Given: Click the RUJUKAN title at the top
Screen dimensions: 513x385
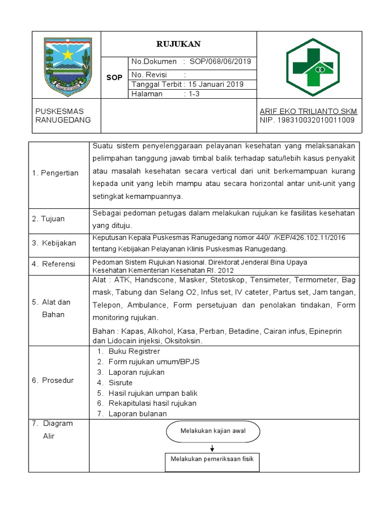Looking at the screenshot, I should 178,44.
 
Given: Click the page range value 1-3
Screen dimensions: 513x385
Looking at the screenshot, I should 194,94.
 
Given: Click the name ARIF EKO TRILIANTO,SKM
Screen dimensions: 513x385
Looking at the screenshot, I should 308,111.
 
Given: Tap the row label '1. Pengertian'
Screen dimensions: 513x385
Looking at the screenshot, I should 55,173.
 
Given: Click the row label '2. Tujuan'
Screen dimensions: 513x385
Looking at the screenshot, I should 48,218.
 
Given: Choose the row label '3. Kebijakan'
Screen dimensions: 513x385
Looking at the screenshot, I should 54,243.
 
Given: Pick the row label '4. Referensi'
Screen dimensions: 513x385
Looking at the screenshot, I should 53,264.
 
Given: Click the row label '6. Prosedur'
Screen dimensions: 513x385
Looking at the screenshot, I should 53,380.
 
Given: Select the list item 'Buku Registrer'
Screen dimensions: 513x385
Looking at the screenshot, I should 134,351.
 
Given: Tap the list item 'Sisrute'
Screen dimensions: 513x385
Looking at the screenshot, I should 121,383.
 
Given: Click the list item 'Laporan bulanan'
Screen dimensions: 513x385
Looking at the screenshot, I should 137,414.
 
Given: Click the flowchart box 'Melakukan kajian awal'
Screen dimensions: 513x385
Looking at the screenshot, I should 213,431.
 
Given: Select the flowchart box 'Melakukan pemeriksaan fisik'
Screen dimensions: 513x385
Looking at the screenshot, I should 213,459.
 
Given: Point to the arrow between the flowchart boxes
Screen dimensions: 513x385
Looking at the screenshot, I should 213,447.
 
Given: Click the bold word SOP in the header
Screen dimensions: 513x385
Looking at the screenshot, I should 114,78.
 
